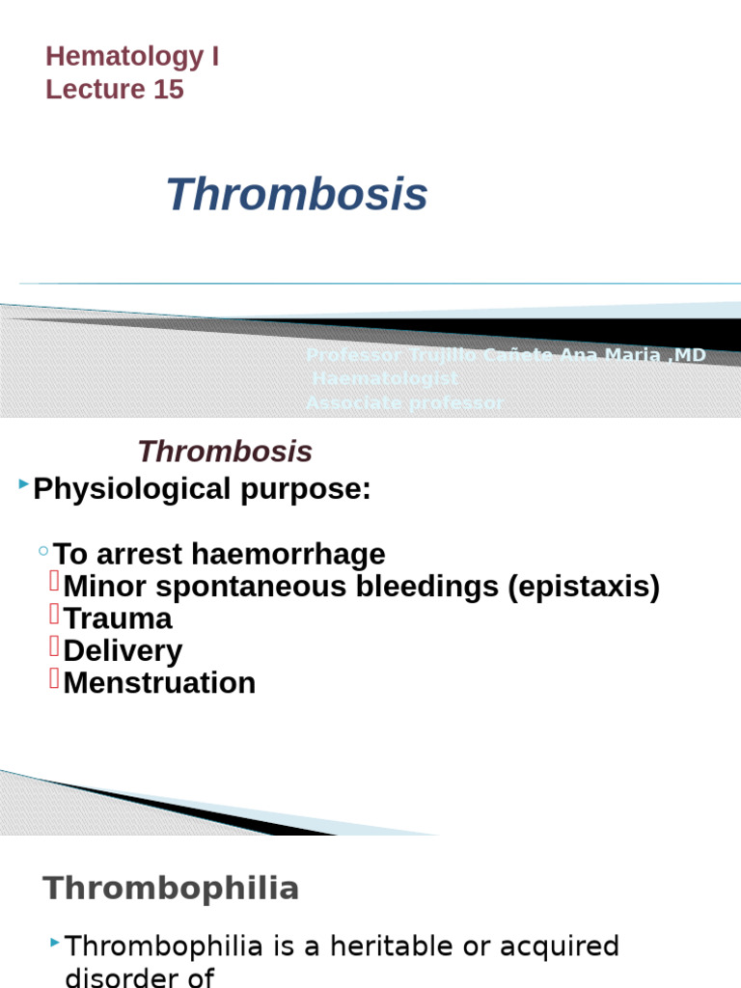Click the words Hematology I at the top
[132, 57]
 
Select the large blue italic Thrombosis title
[296, 195]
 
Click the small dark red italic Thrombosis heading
[225, 452]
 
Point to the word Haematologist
[385, 379]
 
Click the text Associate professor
[404, 403]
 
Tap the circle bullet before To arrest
[43, 551]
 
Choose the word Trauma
[118, 618]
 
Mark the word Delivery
[123, 650]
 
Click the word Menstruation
[159, 683]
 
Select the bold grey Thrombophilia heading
[171, 889]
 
